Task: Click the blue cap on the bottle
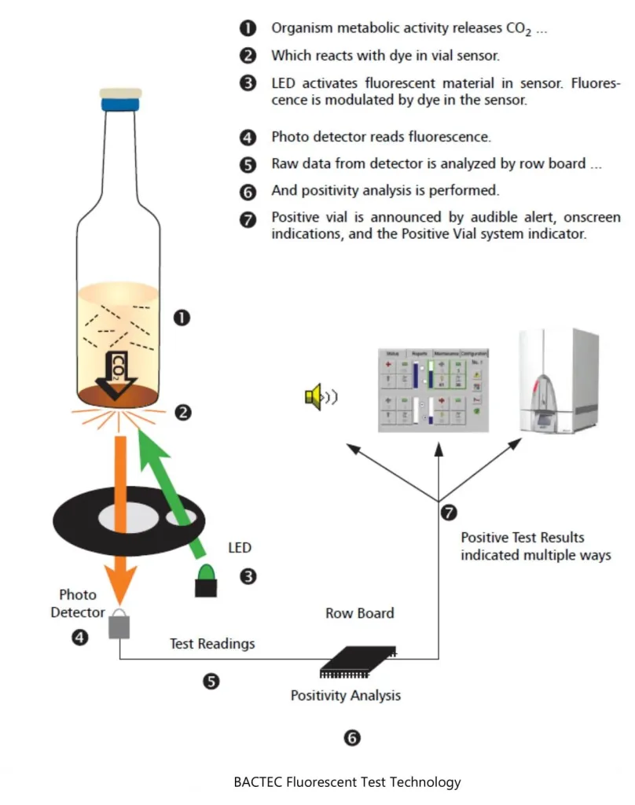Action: (x=120, y=102)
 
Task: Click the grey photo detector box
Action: (x=119, y=625)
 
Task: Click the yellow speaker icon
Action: (x=314, y=396)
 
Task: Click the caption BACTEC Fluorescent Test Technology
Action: (x=347, y=782)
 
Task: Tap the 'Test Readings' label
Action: (x=212, y=644)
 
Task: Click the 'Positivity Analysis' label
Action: (x=346, y=695)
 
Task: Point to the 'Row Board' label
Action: (x=360, y=612)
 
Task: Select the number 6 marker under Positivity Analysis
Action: (x=352, y=737)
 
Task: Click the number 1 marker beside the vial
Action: (x=182, y=318)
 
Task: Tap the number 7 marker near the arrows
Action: (x=448, y=513)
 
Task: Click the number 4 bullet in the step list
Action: (x=248, y=137)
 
